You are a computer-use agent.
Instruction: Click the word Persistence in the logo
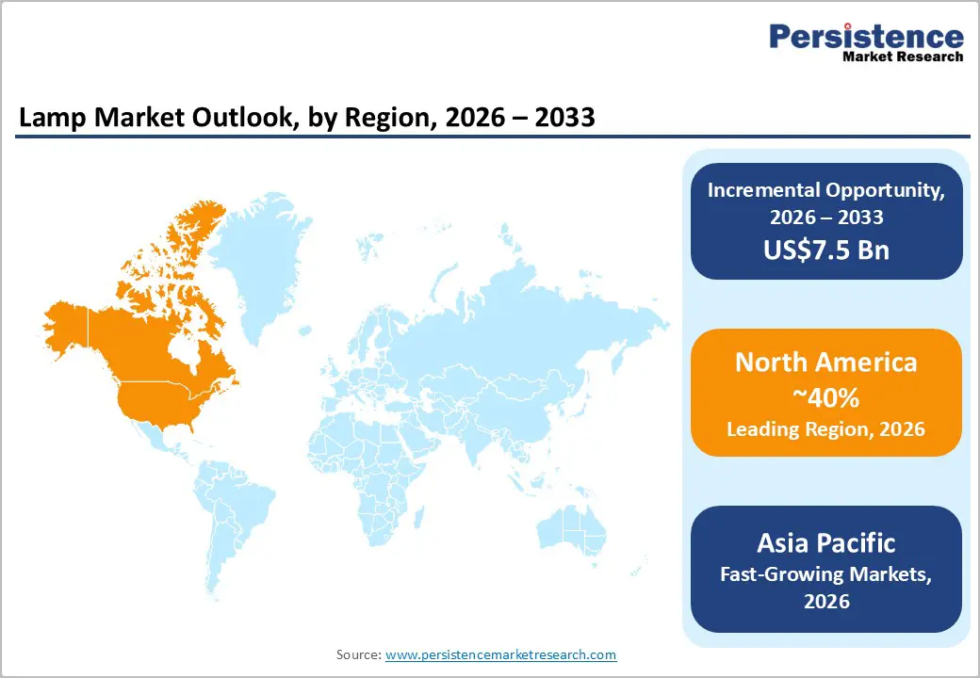click(866, 37)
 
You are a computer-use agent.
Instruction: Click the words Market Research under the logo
click(903, 56)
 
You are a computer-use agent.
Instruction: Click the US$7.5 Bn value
click(826, 250)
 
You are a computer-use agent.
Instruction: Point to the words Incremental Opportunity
click(826, 189)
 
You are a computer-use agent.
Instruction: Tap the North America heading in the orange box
click(826, 363)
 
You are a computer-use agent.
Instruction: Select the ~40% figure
click(826, 397)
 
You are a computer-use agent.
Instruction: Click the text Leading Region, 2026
click(826, 429)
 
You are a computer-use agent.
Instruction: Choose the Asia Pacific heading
click(826, 542)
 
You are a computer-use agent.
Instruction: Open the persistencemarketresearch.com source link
click(500, 654)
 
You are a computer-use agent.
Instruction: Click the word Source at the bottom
click(358, 654)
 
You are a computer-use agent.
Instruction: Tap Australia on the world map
click(576, 536)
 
